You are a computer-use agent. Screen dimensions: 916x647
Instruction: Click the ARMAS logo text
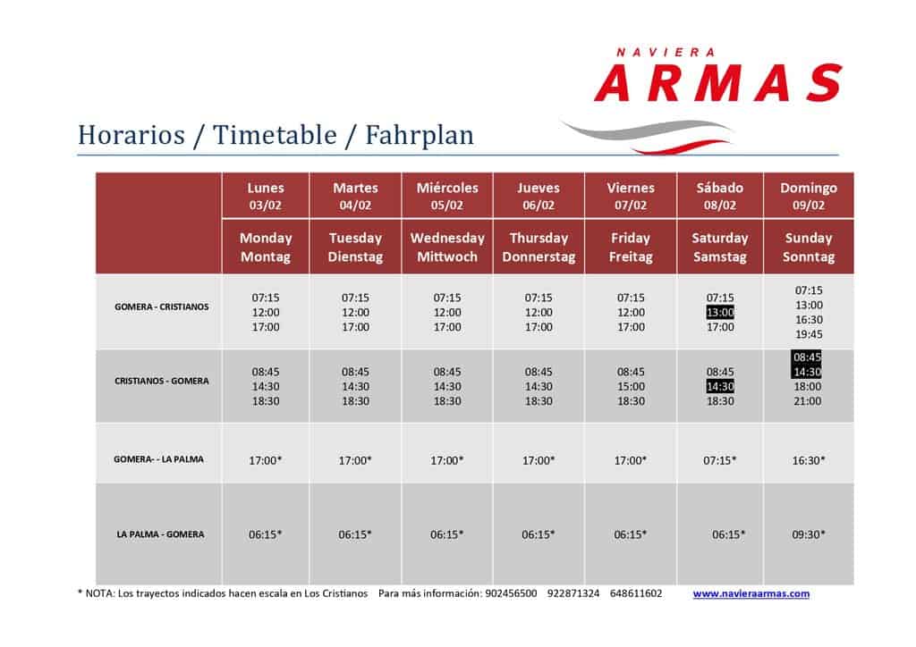pyautogui.click(x=718, y=83)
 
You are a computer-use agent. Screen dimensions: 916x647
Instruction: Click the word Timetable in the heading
pyautogui.click(x=275, y=135)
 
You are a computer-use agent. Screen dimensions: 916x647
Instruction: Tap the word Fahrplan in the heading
pyautogui.click(x=420, y=135)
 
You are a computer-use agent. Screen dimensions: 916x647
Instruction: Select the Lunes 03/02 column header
pyautogui.click(x=266, y=196)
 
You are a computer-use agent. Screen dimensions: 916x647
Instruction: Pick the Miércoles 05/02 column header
pyautogui.click(x=447, y=196)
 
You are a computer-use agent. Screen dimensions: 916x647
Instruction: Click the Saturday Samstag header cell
pyautogui.click(x=720, y=248)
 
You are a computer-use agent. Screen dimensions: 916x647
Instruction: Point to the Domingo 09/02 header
pyautogui.click(x=809, y=196)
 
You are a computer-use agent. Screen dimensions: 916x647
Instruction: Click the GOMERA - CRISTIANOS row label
pyautogui.click(x=161, y=307)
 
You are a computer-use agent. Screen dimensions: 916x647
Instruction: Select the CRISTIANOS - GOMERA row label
pyautogui.click(x=161, y=381)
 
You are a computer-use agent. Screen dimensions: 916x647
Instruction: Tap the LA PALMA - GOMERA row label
pyautogui.click(x=161, y=534)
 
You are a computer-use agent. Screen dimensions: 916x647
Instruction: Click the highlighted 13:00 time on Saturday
pyautogui.click(x=720, y=312)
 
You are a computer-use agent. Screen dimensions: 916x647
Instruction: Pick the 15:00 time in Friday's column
pyautogui.click(x=631, y=386)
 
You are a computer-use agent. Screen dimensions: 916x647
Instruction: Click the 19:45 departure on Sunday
pyautogui.click(x=809, y=334)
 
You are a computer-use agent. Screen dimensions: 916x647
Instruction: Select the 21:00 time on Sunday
pyautogui.click(x=808, y=401)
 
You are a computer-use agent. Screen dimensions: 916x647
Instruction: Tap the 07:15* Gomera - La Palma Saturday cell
pyautogui.click(x=720, y=460)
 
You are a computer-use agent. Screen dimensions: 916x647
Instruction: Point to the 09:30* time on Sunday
pyautogui.click(x=809, y=534)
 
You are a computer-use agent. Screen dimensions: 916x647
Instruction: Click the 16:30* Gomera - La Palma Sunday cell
pyautogui.click(x=809, y=460)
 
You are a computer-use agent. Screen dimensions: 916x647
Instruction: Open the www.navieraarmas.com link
pyautogui.click(x=751, y=594)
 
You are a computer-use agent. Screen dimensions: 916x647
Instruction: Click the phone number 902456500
pyautogui.click(x=511, y=593)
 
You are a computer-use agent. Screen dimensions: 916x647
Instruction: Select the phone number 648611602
pyautogui.click(x=636, y=593)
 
